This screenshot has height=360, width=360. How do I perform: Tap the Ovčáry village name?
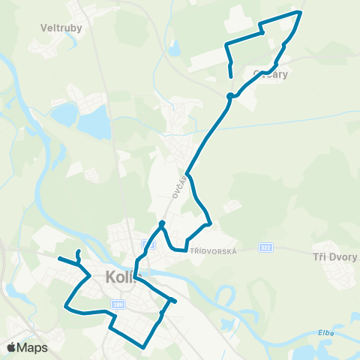[271, 74]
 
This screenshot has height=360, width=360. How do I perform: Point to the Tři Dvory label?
[333, 256]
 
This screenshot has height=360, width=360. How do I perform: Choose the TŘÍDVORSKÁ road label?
[213, 251]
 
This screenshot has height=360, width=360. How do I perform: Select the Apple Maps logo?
[27, 347]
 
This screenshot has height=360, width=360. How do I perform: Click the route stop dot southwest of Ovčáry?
[230, 95]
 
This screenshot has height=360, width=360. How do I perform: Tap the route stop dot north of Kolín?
[162, 223]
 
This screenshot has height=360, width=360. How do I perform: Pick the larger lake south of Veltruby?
[95, 118]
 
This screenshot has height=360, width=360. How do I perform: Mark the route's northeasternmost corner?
[301, 12]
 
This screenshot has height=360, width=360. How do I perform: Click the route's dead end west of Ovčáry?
[229, 76]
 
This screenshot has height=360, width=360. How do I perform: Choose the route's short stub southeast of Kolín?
[175, 301]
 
